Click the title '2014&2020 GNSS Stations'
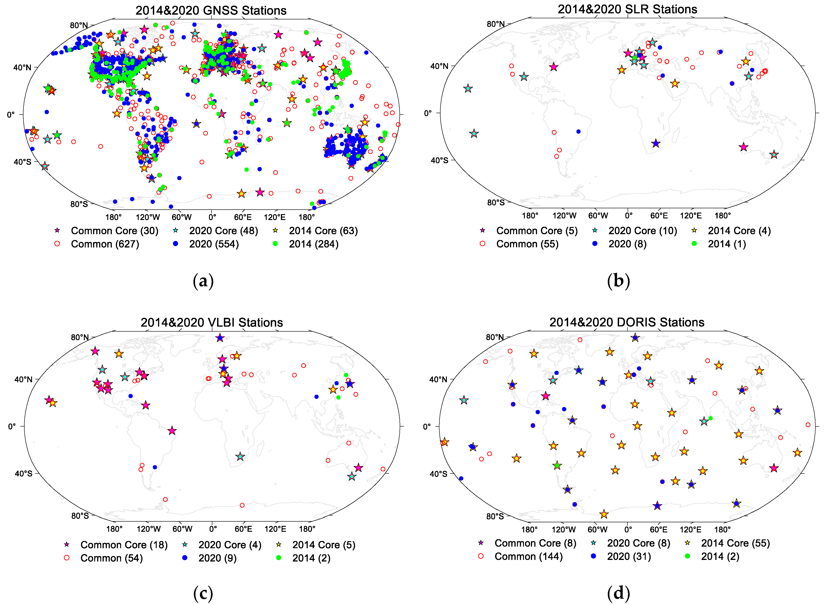tap(211, 10)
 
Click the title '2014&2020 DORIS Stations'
tap(627, 322)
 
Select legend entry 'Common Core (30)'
tap(114, 231)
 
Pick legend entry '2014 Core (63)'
tap(323, 231)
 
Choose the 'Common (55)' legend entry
tap(527, 244)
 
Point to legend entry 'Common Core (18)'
tap(124, 545)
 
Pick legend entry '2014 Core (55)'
tap(735, 543)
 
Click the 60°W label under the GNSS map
tap(182, 217)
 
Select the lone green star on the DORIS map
tap(557, 465)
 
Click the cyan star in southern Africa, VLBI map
tap(240, 457)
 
